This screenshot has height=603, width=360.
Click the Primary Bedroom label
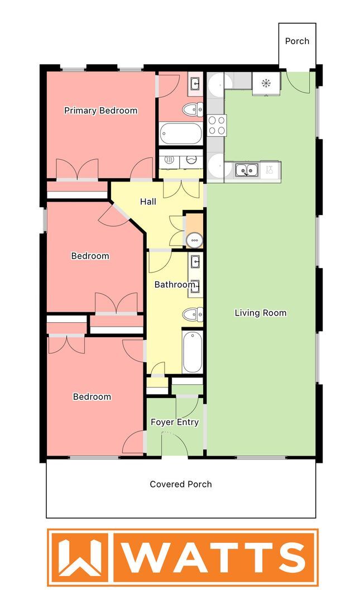pos(100,111)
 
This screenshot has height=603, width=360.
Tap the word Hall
pos(148,202)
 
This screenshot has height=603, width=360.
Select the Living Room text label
pos(260,313)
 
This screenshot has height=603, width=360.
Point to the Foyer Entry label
pos(175,422)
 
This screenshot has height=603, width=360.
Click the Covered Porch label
pos(181,484)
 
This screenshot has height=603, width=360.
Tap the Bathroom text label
pos(174,285)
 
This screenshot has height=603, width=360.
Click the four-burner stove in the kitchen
pos(217,125)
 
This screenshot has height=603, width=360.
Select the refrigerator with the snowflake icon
pos(266,84)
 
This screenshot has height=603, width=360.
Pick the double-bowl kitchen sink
pos(246,170)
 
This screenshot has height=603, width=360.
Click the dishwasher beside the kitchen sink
pos(270,170)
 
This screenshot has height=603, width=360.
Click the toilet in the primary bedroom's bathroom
pos(194,109)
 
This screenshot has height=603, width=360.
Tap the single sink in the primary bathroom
pos(195,84)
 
